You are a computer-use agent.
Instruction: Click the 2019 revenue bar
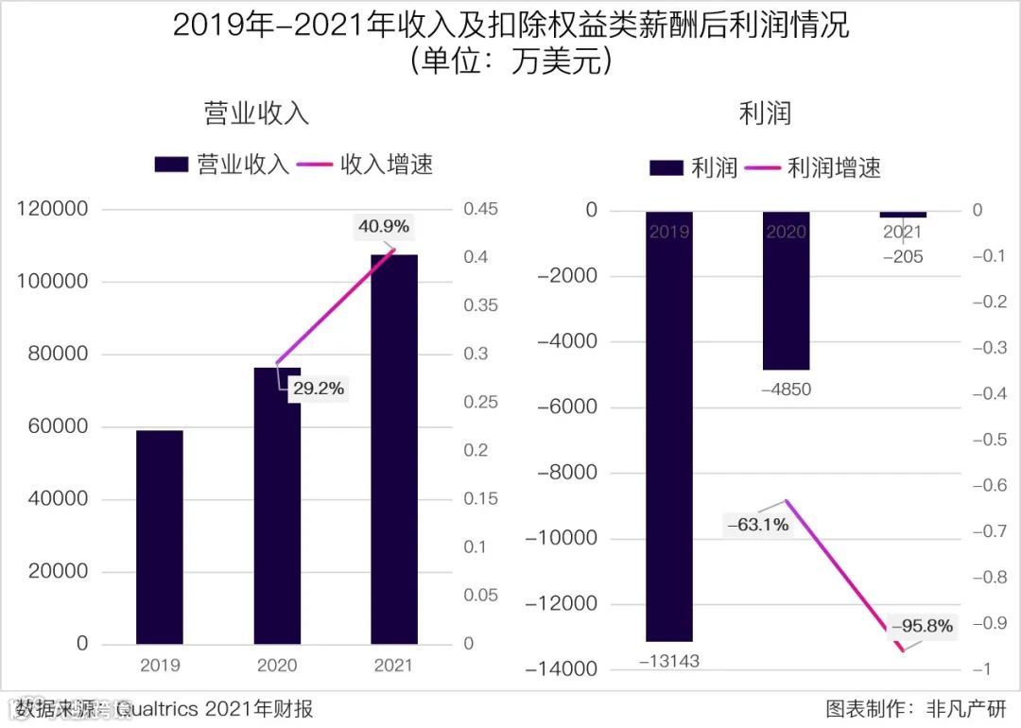(x=160, y=537)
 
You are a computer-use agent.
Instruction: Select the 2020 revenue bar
(x=277, y=506)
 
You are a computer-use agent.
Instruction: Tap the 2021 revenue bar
(x=393, y=449)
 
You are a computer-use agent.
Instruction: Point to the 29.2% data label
(x=318, y=388)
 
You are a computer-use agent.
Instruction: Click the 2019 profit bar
(x=669, y=425)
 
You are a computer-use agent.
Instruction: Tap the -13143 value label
(x=669, y=661)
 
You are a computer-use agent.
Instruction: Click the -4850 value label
(x=787, y=389)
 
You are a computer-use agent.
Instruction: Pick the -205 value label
(x=903, y=256)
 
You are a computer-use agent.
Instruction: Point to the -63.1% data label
(x=757, y=524)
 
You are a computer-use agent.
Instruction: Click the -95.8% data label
(x=922, y=625)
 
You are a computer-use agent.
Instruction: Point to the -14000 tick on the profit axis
(x=567, y=669)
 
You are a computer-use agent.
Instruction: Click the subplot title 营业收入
(x=257, y=113)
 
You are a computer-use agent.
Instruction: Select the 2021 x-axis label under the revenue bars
(x=393, y=666)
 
